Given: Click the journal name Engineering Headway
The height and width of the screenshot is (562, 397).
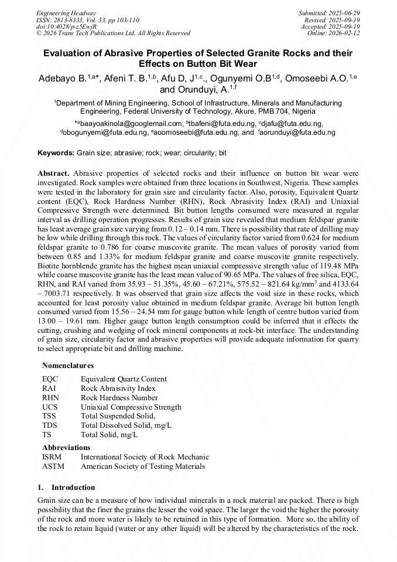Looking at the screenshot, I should (66, 12).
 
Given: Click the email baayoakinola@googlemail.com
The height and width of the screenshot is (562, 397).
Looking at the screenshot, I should (132, 124).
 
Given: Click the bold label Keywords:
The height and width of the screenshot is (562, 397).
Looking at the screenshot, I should (56, 153).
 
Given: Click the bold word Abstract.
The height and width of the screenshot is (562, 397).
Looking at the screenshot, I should (53, 174).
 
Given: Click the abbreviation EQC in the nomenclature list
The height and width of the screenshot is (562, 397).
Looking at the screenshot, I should (50, 379).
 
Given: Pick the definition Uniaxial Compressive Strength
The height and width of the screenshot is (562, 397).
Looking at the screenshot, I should (131, 407).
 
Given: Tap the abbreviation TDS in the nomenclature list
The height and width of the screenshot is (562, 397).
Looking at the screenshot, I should (50, 425).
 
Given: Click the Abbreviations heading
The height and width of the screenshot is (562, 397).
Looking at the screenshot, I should (66, 447).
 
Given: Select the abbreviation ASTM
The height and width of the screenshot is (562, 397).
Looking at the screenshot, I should (53, 466).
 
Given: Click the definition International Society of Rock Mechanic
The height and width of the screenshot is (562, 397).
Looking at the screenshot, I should (145, 457).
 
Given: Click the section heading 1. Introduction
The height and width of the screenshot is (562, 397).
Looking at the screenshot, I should (66, 488).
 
